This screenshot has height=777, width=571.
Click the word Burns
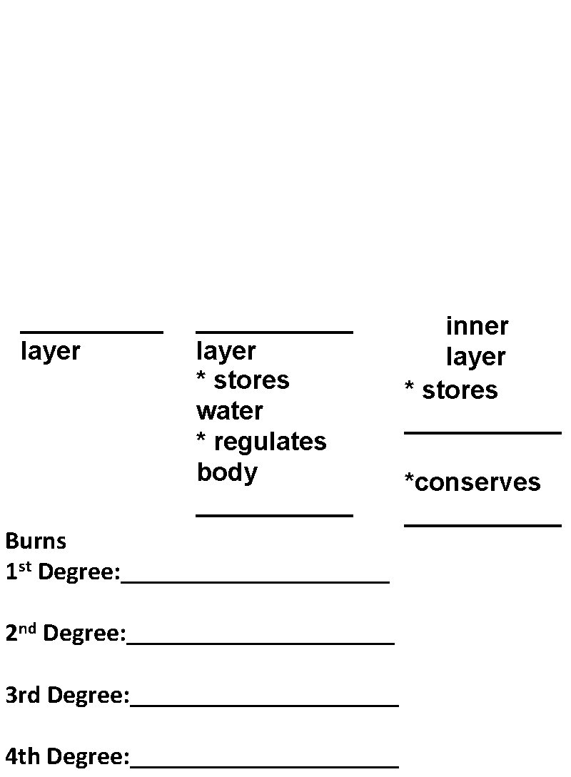tap(36, 541)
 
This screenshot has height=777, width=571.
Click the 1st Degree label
tap(63, 572)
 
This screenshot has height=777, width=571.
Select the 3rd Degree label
tap(67, 694)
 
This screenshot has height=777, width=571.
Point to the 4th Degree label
tap(67, 756)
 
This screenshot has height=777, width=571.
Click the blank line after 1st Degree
tap(255, 582)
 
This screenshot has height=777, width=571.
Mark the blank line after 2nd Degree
tap(260, 643)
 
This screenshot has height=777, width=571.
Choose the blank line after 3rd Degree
tap(264, 705)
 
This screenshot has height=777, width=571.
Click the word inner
tap(477, 326)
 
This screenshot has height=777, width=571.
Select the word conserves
tap(477, 482)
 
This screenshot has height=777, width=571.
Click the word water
tap(229, 411)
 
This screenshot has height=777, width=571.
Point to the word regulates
tap(270, 442)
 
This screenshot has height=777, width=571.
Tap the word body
tap(227, 472)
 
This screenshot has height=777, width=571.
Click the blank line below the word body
tap(274, 514)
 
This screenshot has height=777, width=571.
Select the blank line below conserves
tap(482, 525)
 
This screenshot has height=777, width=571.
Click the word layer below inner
tap(475, 357)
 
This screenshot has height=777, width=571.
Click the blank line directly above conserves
tap(482, 432)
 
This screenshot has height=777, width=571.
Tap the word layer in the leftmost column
tap(50, 351)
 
